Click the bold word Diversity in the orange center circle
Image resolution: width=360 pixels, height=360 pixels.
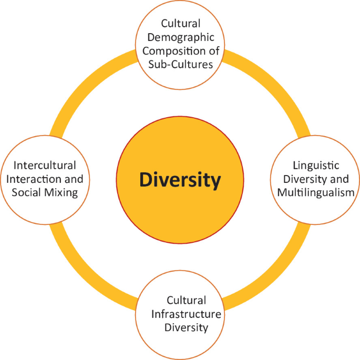coord(180,180)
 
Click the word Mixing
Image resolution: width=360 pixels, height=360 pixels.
coord(61,192)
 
